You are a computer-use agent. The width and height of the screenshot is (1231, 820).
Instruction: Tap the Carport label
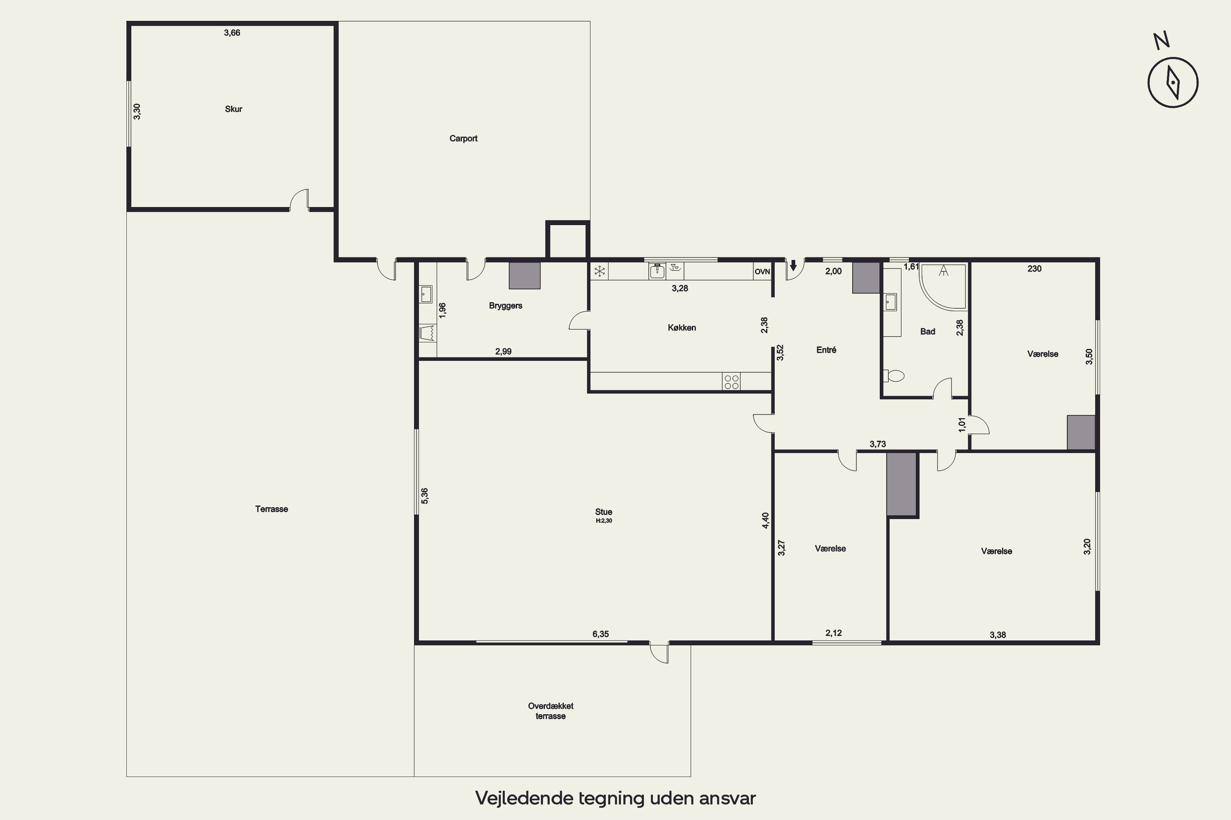pos(463,139)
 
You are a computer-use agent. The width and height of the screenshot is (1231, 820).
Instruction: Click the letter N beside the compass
pos(1162,40)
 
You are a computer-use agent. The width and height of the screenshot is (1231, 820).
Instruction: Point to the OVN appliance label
pos(762,272)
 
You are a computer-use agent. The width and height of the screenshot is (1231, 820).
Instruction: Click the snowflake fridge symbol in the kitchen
pos(600,271)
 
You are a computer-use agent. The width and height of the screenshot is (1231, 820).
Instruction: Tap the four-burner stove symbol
pos(732,381)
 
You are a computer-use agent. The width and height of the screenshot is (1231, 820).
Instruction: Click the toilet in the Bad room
pos(894,376)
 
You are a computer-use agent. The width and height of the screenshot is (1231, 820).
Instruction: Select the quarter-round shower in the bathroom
pos(943,287)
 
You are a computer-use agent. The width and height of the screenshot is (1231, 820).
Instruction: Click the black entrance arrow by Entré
pos(793,266)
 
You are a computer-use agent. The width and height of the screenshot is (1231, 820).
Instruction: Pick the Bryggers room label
pos(506,306)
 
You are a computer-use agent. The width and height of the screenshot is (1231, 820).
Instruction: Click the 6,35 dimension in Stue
pos(601,634)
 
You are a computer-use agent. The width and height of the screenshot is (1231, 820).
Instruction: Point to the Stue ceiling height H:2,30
pos(604,521)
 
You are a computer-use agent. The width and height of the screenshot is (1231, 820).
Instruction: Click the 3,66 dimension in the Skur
pos(232,33)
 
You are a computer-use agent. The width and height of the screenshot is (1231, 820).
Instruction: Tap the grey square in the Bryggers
pos(524,275)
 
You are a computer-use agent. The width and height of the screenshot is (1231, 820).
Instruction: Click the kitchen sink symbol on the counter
pos(657,271)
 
